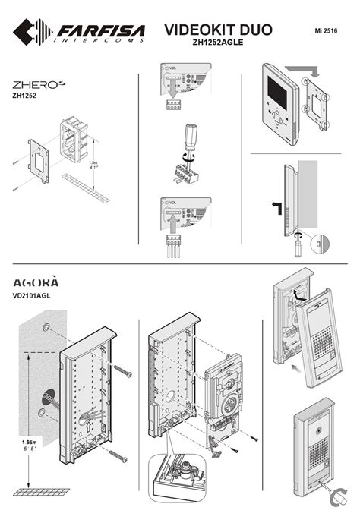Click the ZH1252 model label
25,97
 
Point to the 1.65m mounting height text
31,441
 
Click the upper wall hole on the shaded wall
47,327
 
